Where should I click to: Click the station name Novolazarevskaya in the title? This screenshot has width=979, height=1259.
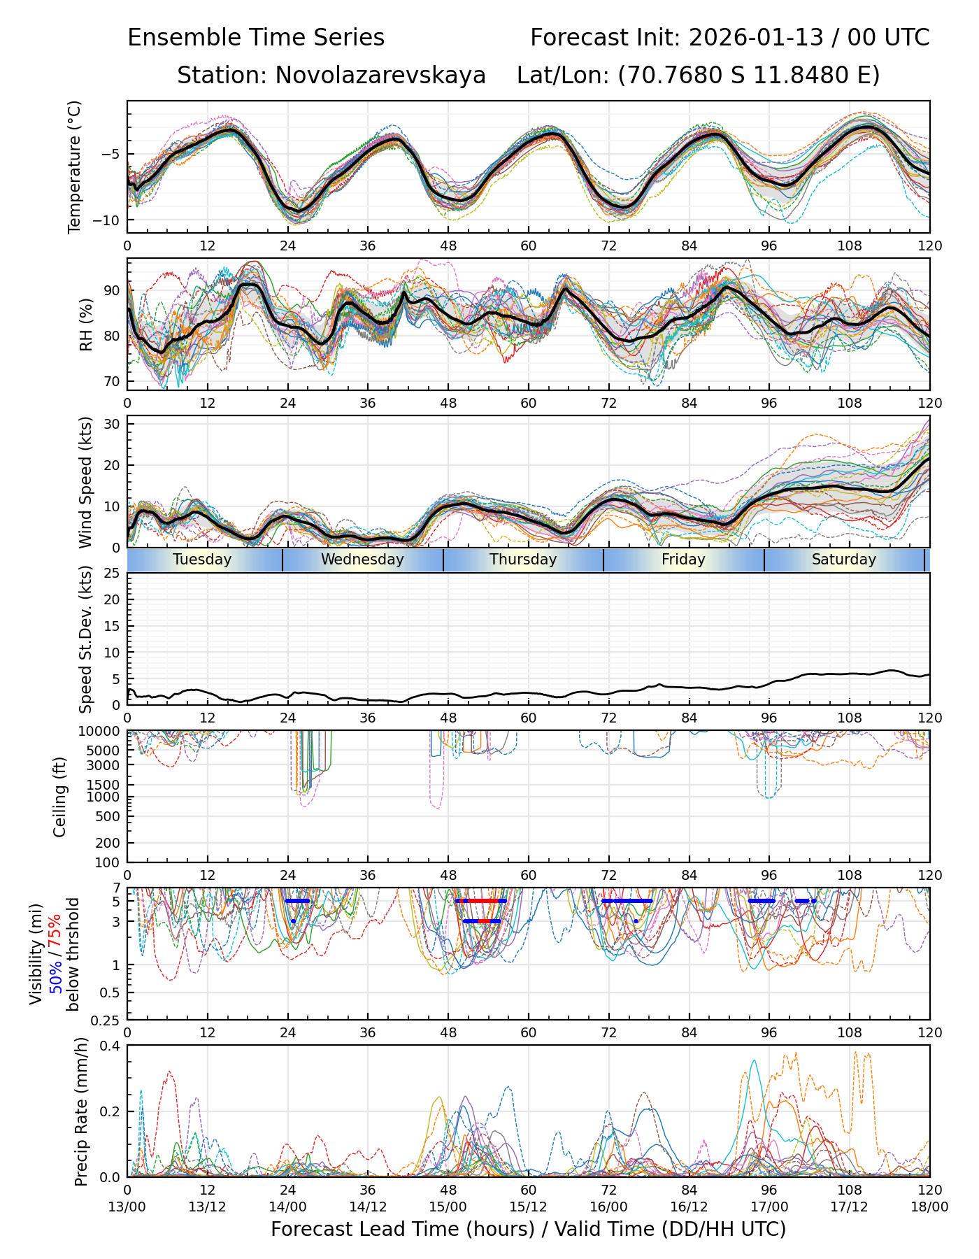tap(380, 75)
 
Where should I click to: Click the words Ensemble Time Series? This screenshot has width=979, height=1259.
tap(256, 38)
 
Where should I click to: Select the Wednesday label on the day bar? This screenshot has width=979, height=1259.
tap(362, 560)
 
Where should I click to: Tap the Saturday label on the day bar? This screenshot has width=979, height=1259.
tap(843, 560)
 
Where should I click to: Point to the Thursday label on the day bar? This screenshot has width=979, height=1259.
tap(523, 560)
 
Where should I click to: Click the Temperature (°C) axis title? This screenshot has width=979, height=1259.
tap(75, 166)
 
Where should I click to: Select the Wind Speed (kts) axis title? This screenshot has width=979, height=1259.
tap(85, 482)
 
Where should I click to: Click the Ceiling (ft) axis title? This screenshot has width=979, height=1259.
tap(60, 797)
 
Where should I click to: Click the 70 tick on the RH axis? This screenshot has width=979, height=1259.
tap(112, 381)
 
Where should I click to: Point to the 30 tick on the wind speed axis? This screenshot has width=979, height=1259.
tap(112, 424)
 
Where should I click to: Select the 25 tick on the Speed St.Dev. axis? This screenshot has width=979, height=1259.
tap(112, 574)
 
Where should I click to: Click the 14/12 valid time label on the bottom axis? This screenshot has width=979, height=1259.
tap(368, 1207)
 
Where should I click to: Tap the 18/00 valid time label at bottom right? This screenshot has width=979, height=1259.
tap(929, 1207)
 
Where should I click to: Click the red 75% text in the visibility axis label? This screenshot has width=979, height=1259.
tap(55, 930)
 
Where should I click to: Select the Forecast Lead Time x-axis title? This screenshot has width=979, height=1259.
tap(528, 1229)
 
